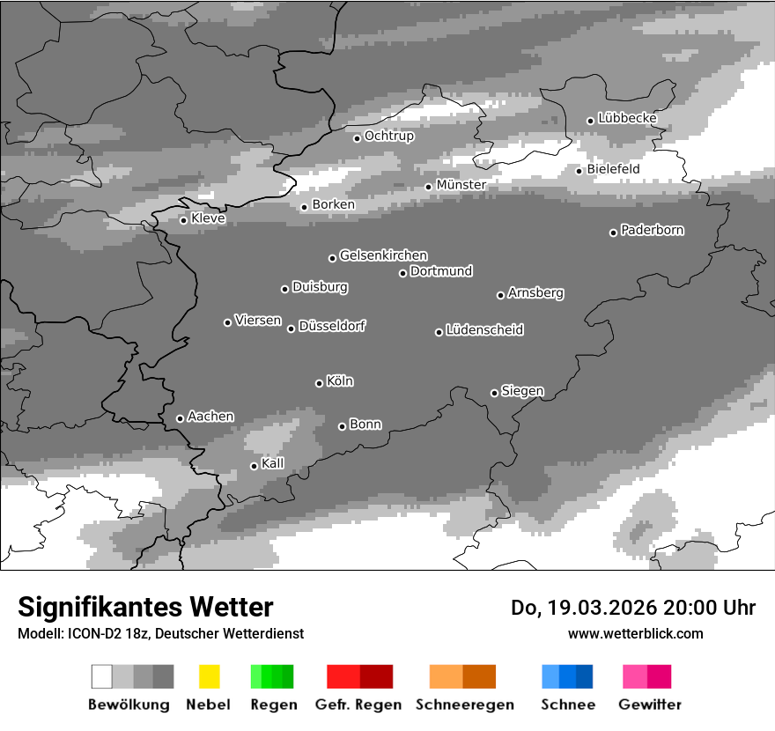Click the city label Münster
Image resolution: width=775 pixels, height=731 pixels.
(x=461, y=185)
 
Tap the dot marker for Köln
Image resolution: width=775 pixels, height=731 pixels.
(x=319, y=383)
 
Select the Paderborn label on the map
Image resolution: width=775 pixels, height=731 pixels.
(x=652, y=230)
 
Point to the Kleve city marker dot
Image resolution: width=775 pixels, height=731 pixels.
(x=183, y=220)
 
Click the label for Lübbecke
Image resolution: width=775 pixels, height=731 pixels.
(x=627, y=118)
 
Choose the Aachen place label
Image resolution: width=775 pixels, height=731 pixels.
(x=210, y=416)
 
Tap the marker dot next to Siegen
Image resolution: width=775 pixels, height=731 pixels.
(x=494, y=393)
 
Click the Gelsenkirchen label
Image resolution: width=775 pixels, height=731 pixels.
(x=383, y=255)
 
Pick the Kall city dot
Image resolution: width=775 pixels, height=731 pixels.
(x=254, y=466)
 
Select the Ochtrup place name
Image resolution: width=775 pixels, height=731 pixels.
(x=388, y=136)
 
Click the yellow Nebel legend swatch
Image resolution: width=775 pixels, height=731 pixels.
(x=209, y=676)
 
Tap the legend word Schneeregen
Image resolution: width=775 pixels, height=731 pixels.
(x=464, y=705)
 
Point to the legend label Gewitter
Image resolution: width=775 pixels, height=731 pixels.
(x=649, y=705)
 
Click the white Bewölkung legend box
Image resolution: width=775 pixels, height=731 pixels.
(x=102, y=676)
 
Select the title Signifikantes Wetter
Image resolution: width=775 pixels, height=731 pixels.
(x=145, y=607)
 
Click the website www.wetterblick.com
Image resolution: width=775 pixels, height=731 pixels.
(x=635, y=633)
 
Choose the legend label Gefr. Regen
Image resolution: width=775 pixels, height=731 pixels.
(x=358, y=705)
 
